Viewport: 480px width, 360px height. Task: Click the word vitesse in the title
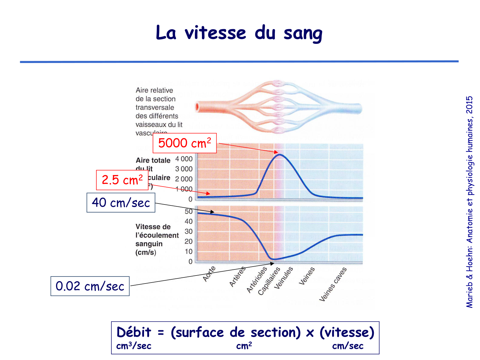(215, 33)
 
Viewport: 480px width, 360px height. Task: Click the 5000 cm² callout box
(185, 143)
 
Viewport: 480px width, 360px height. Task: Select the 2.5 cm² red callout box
(122, 180)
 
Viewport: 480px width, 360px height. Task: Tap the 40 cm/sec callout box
(121, 203)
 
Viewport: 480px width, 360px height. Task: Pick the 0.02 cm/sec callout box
(90, 286)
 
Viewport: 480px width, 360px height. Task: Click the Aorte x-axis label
(209, 274)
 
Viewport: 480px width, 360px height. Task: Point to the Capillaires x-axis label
(269, 281)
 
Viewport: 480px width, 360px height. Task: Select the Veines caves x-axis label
(333, 284)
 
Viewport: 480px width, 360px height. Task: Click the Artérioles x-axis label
(257, 279)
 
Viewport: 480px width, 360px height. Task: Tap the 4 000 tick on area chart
(184, 159)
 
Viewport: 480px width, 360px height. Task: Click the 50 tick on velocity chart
(188, 212)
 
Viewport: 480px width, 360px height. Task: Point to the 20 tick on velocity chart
(188, 242)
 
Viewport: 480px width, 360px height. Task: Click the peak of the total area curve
(279, 155)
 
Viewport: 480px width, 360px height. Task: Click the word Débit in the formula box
(134, 332)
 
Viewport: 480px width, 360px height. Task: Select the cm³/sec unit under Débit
(134, 346)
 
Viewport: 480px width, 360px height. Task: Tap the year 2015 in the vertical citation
(469, 105)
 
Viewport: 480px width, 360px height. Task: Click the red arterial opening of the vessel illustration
(197, 107)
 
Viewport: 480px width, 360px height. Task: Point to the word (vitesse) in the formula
(347, 332)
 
